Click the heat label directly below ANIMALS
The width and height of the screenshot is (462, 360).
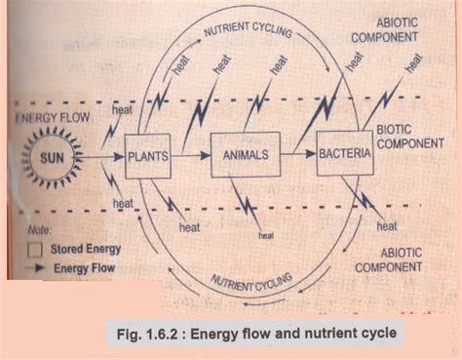click(265, 234)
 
